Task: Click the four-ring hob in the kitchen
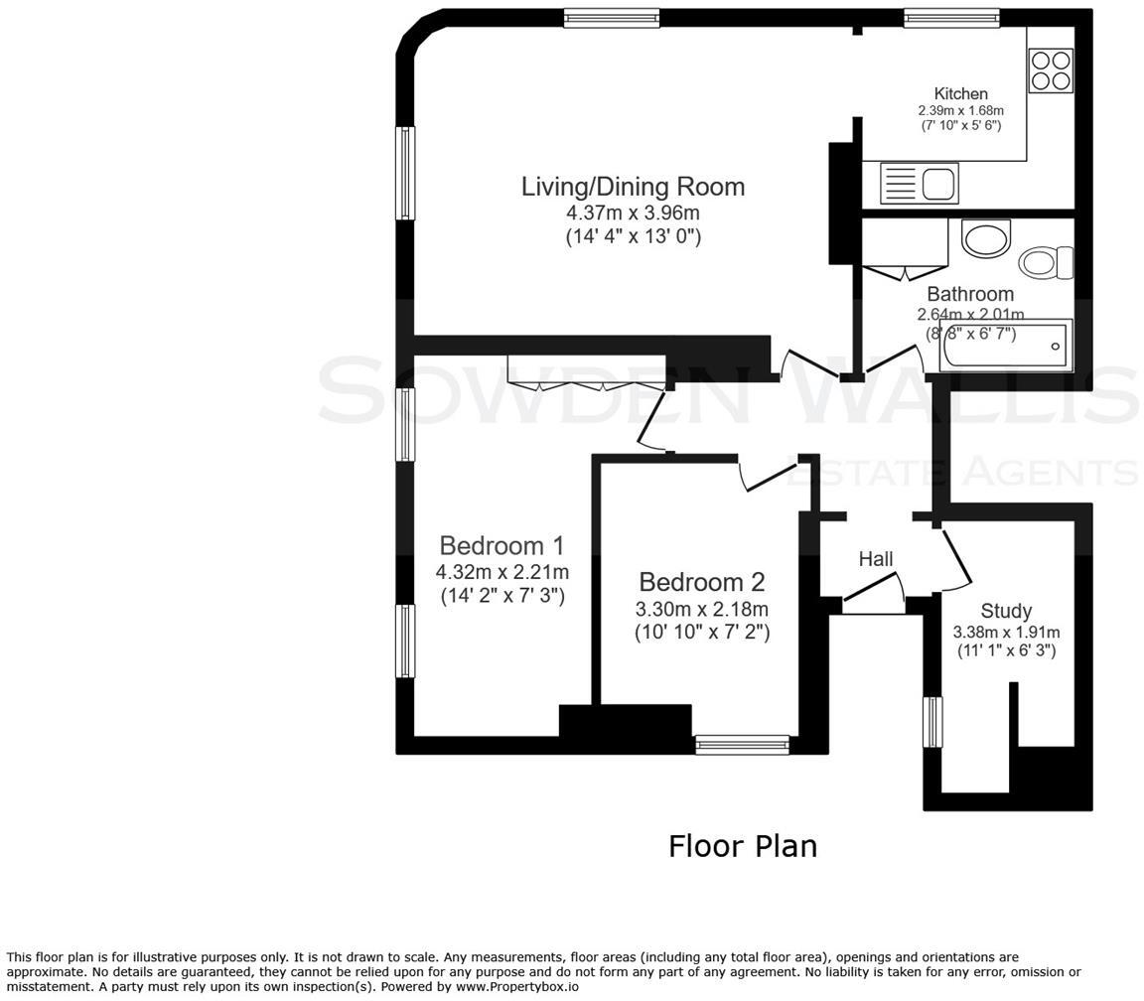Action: point(1051,71)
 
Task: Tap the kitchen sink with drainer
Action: point(919,184)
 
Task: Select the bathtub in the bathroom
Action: point(1006,347)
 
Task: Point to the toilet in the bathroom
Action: point(1046,262)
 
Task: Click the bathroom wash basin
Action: point(985,239)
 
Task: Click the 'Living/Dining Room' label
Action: point(633,187)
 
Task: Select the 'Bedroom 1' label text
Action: point(501,546)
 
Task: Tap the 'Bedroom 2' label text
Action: point(701,582)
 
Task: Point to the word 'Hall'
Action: point(875,560)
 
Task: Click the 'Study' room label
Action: point(1006,611)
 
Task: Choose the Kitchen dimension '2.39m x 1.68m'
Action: point(960,111)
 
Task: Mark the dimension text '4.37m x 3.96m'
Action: point(633,214)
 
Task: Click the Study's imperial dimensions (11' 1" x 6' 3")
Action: point(1006,651)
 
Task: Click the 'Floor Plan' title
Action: point(742,846)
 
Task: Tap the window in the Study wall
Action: point(932,722)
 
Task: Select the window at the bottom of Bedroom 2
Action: point(742,744)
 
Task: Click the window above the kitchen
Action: point(950,17)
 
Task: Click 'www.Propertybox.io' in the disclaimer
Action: point(516,987)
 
